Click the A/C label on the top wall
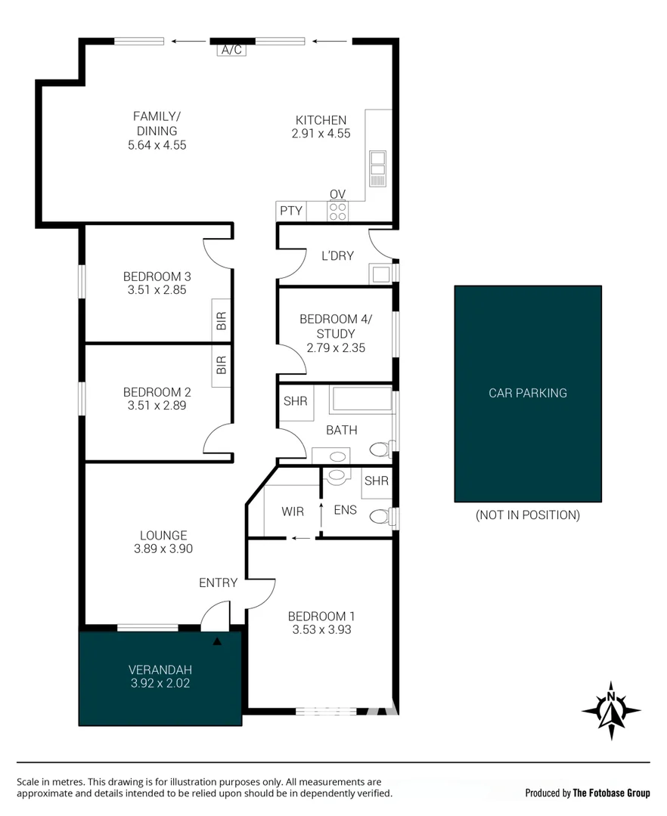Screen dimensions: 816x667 click(231, 51)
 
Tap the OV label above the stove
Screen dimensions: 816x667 click(337, 195)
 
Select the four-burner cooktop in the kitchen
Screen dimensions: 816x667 click(338, 212)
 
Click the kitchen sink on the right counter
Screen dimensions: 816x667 click(377, 168)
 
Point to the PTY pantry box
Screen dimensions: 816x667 click(291, 212)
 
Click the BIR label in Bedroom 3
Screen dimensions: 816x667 click(222, 320)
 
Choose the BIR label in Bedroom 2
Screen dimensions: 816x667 click(222, 366)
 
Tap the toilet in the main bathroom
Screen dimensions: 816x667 click(380, 450)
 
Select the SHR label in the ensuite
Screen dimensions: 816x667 click(376, 481)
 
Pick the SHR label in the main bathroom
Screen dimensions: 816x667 click(295, 402)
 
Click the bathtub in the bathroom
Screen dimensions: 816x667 click(361, 399)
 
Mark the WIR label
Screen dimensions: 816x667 click(293, 512)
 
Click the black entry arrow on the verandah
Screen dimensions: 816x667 click(218, 641)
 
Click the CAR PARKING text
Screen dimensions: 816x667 click(527, 393)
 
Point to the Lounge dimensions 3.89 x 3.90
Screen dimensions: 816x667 click(163, 549)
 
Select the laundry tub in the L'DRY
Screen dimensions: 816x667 click(379, 274)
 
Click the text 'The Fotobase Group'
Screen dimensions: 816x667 click(611, 793)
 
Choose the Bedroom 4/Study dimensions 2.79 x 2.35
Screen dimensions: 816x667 click(336, 348)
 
